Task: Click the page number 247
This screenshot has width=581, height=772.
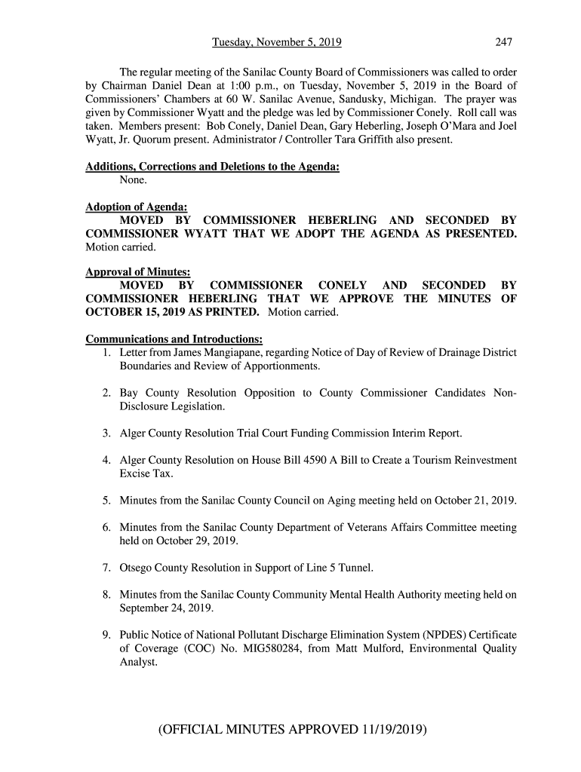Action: tap(504, 42)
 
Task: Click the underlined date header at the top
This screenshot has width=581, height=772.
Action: tap(277, 42)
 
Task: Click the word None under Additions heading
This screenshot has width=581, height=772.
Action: tap(134, 181)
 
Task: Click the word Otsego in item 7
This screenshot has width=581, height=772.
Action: tap(136, 567)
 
